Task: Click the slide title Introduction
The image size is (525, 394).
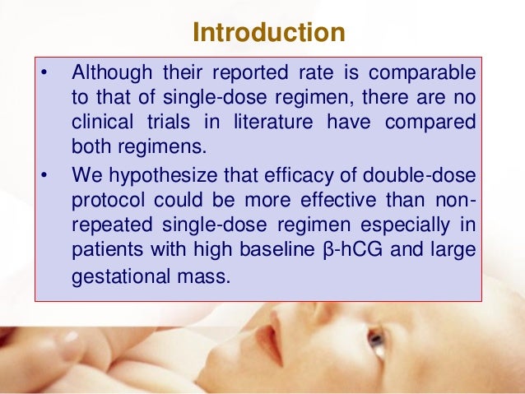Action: pos(267,34)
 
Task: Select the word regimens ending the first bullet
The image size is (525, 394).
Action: pos(151,148)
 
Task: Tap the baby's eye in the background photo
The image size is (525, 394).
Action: pos(375,337)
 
